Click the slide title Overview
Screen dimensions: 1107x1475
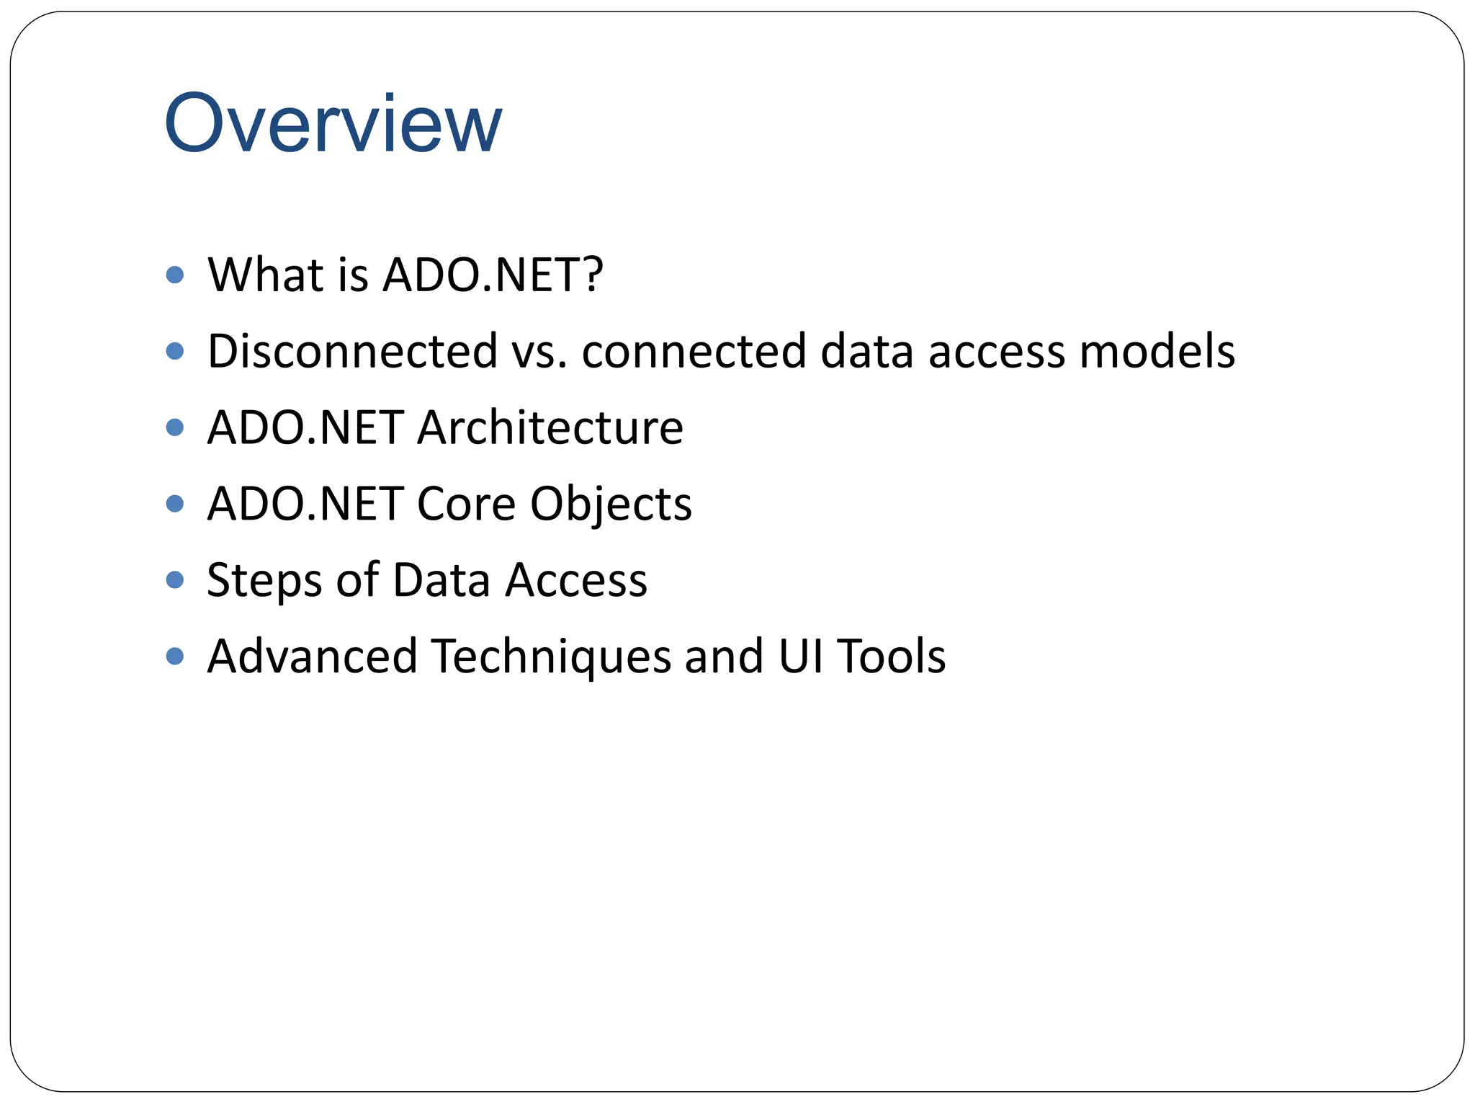coord(333,124)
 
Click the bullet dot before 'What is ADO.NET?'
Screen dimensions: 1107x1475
coord(174,275)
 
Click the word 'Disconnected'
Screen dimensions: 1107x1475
coord(352,352)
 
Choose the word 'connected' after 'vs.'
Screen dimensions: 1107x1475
coord(694,352)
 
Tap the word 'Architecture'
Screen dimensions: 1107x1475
coord(550,428)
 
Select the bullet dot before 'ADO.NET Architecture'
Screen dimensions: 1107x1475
coord(174,427)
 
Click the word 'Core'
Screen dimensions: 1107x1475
coord(466,504)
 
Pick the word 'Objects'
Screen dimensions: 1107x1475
coord(611,505)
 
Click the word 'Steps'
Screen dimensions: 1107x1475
coord(264,581)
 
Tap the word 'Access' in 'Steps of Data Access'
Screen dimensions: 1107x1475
coord(575,580)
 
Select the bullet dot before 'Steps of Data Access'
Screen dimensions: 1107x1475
coord(174,579)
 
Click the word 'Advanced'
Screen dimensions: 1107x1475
coord(312,657)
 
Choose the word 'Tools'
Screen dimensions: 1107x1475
coord(892,657)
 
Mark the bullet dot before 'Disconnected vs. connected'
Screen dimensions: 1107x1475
coord(174,351)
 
